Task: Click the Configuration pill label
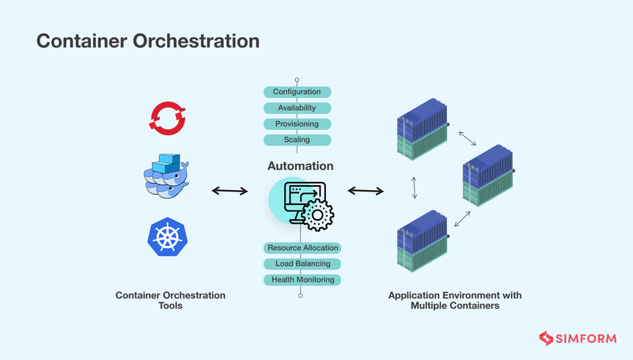click(297, 92)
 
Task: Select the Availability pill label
click(297, 108)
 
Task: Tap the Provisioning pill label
click(297, 124)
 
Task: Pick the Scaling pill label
click(297, 140)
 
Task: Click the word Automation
click(300, 166)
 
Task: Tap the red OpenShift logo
click(167, 118)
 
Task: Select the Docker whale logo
click(167, 175)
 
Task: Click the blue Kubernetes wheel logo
click(167, 237)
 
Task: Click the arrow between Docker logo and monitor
click(228, 191)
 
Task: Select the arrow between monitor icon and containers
click(366, 191)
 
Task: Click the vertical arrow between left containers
click(414, 188)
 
